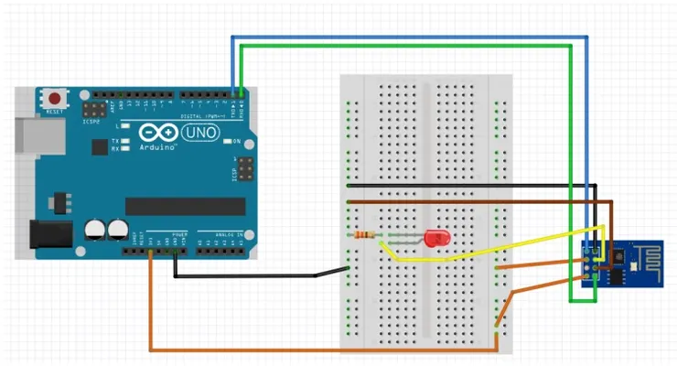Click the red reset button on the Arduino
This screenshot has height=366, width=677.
point(56,97)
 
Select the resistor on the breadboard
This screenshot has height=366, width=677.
point(366,236)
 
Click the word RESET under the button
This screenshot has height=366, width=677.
point(55,112)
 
